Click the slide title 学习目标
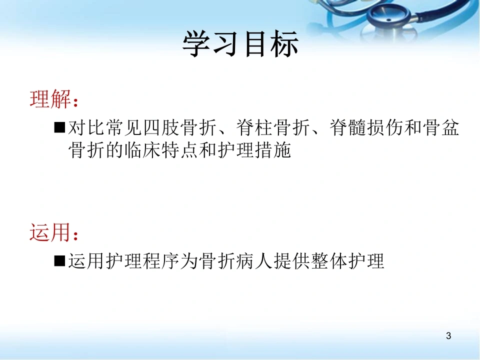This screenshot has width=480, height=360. (x=240, y=44)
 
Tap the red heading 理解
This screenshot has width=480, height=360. (x=50, y=99)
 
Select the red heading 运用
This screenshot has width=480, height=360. (x=50, y=232)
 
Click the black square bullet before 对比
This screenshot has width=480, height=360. (x=59, y=127)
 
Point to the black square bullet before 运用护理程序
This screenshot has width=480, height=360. (x=59, y=261)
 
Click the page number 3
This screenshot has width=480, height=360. (x=448, y=336)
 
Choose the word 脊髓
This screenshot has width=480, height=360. (x=348, y=127)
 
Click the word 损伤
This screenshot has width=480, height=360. (x=385, y=127)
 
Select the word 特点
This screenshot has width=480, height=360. (x=180, y=150)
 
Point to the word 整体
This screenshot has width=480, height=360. (x=329, y=261)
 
